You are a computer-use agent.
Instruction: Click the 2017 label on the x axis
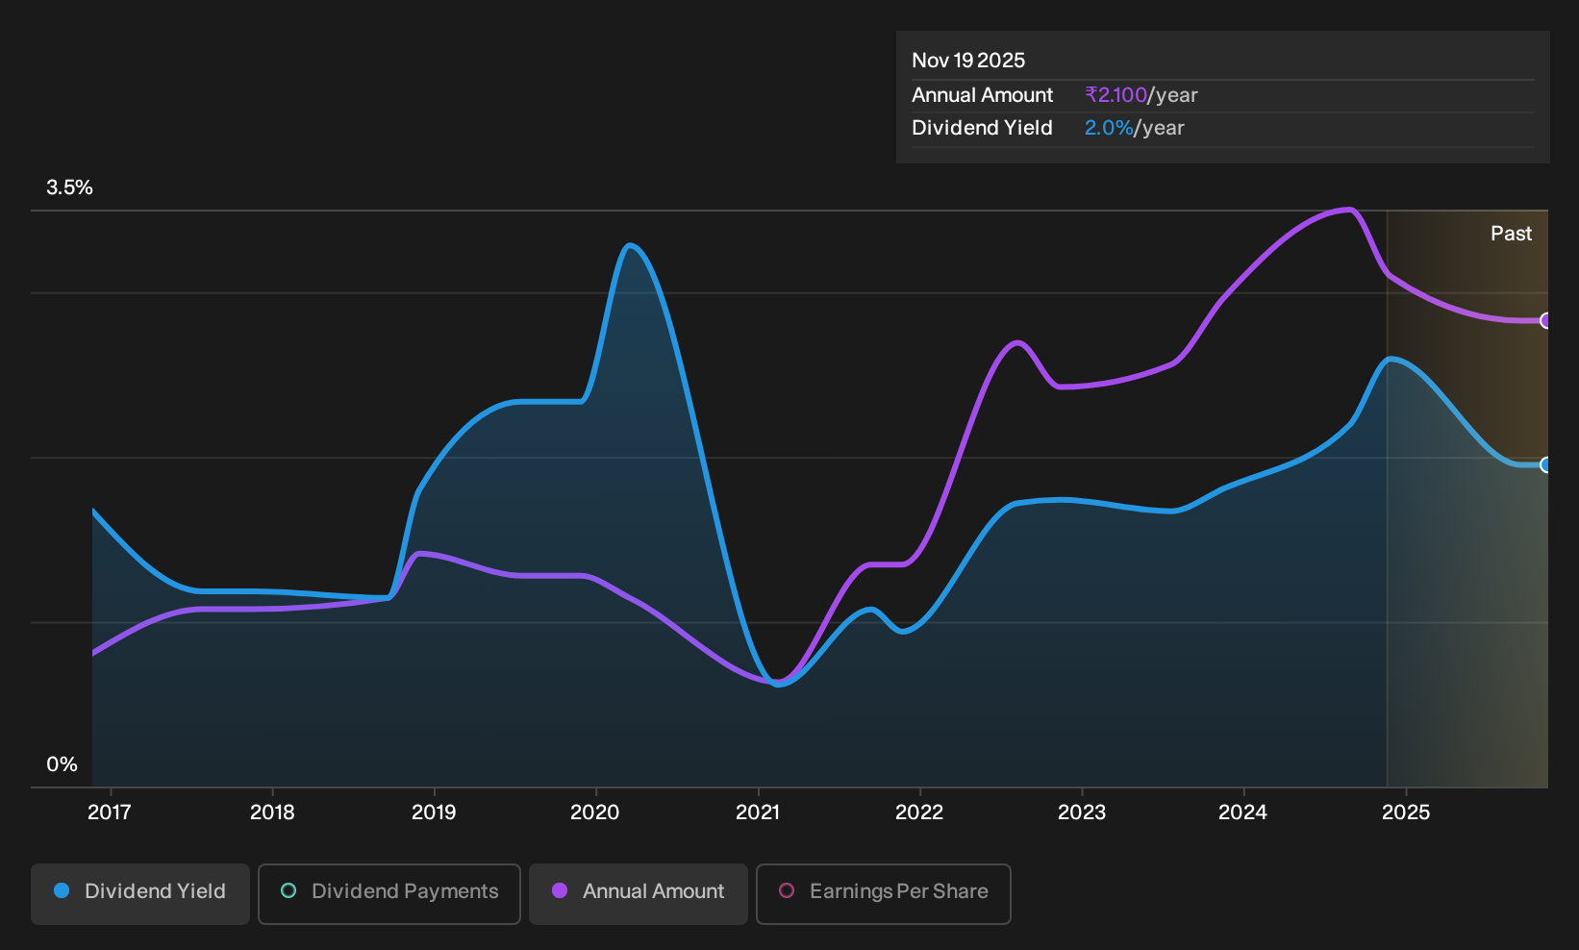click(x=110, y=812)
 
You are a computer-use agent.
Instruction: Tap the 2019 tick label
click(x=434, y=812)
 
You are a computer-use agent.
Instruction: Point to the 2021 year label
click(x=758, y=812)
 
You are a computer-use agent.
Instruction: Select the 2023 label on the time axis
click(x=1081, y=812)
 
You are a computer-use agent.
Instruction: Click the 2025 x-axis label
click(x=1406, y=812)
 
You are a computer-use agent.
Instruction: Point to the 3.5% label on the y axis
click(x=69, y=187)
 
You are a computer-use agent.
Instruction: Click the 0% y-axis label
click(x=63, y=764)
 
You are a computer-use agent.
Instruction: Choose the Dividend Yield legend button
click(x=140, y=893)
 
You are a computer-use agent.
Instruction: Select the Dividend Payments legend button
click(x=389, y=893)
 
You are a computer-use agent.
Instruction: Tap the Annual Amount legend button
click(x=638, y=893)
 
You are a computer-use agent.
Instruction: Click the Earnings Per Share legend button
click(x=883, y=893)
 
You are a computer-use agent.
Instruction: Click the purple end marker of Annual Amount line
click(x=1545, y=320)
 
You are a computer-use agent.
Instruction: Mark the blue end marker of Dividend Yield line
click(x=1545, y=464)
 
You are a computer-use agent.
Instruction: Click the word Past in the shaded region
click(x=1511, y=234)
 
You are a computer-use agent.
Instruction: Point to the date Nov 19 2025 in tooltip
click(x=967, y=61)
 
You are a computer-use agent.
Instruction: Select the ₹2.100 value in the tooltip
click(x=1115, y=94)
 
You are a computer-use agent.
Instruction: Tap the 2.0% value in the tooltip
click(x=1109, y=128)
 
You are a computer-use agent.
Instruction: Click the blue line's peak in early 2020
click(x=630, y=246)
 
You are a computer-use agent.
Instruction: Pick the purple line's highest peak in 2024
click(x=1348, y=210)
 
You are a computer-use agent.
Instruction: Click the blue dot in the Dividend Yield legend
click(x=63, y=890)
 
